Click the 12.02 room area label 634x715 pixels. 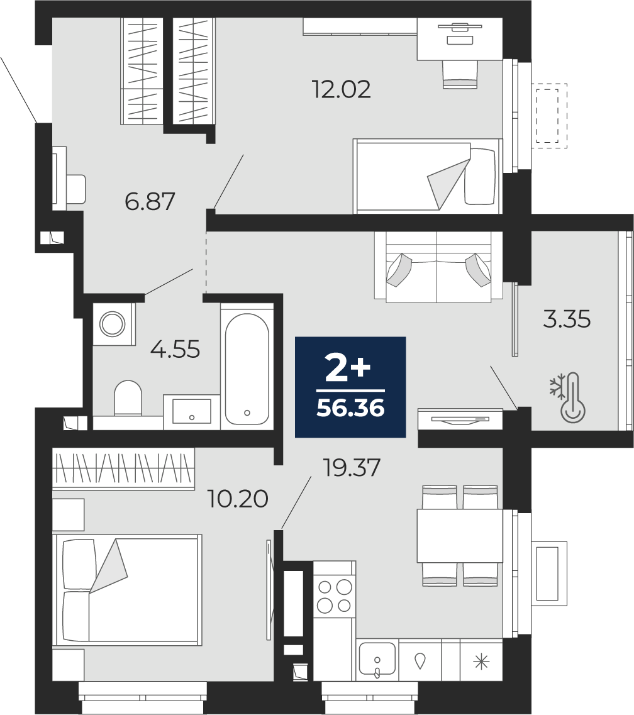(x=341, y=89)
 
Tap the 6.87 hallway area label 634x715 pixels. (x=150, y=202)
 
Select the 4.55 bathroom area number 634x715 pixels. (x=175, y=350)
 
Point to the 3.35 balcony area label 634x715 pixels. (x=567, y=319)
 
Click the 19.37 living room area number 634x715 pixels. (x=351, y=467)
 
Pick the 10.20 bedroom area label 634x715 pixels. (x=238, y=499)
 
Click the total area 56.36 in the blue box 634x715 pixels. (x=351, y=409)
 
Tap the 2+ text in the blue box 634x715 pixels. (x=348, y=369)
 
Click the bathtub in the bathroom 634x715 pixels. (x=247, y=369)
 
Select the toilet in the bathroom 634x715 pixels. (x=128, y=399)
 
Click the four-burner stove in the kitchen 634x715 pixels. (x=335, y=596)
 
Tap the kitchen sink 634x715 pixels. (x=377, y=659)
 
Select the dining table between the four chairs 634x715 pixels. (x=460, y=535)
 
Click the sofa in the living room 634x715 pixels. (x=438, y=267)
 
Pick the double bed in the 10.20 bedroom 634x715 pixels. (x=127, y=590)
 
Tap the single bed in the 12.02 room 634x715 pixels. (x=427, y=176)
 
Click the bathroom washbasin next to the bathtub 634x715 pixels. (x=192, y=412)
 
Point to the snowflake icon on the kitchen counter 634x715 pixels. (x=481, y=662)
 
